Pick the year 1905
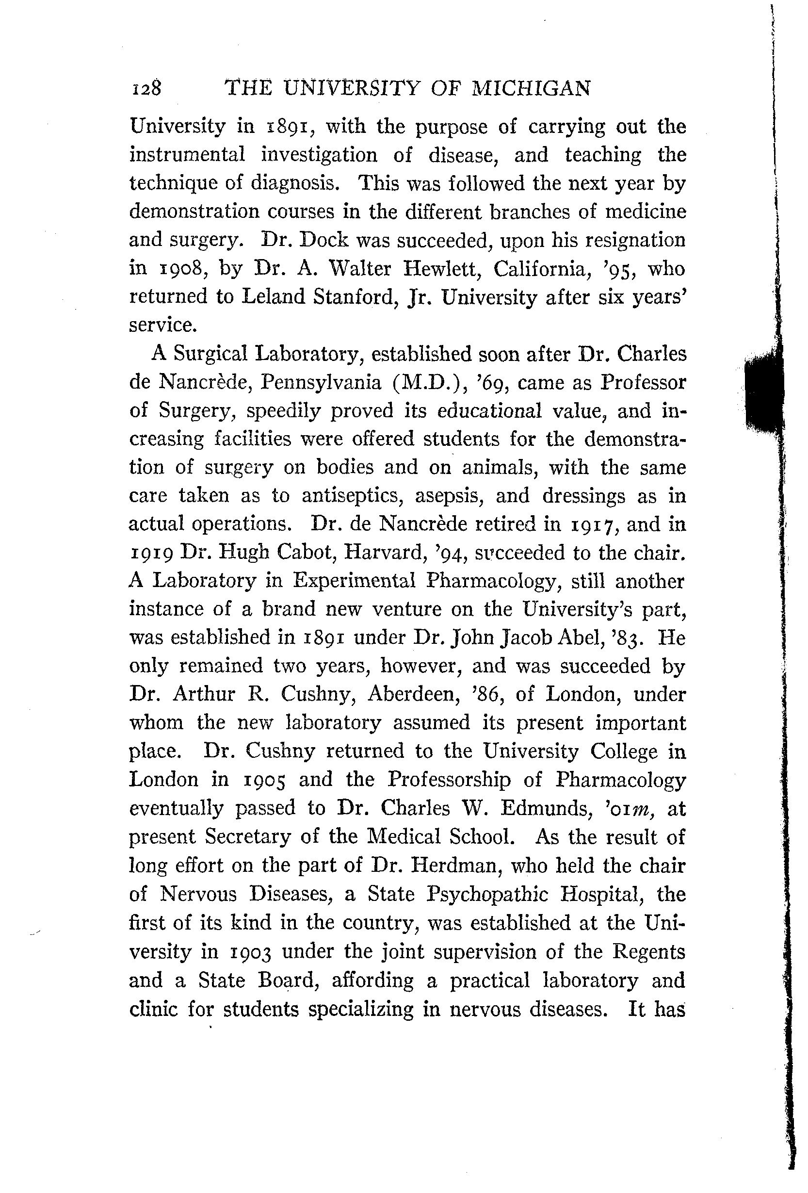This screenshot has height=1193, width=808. pos(263,780)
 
